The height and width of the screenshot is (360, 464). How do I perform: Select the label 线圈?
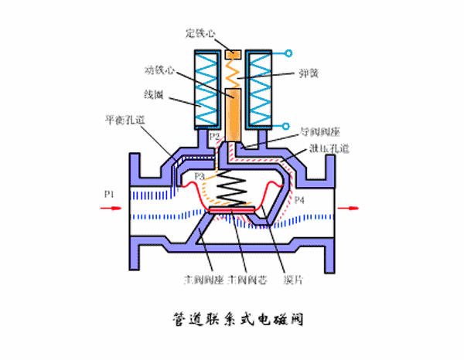tap(152, 96)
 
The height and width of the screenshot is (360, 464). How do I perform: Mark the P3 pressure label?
tap(200, 176)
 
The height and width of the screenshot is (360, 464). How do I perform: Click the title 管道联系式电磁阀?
tap(233, 318)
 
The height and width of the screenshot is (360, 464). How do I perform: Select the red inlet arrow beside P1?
tap(108, 206)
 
